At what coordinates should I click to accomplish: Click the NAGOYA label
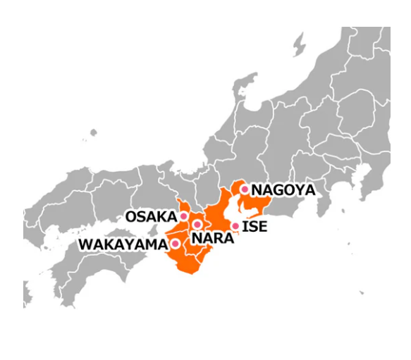[x=283, y=190]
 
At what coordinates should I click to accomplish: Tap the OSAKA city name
[x=151, y=216]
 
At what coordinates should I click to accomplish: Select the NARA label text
[x=212, y=238]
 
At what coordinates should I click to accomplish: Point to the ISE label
[x=254, y=226]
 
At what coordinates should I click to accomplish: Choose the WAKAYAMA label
[x=123, y=244]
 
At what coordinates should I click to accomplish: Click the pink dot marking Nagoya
[x=245, y=189]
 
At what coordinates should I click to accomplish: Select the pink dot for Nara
[x=197, y=225]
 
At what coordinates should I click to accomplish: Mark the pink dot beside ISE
[x=235, y=226]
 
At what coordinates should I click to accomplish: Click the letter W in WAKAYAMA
[x=85, y=244]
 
